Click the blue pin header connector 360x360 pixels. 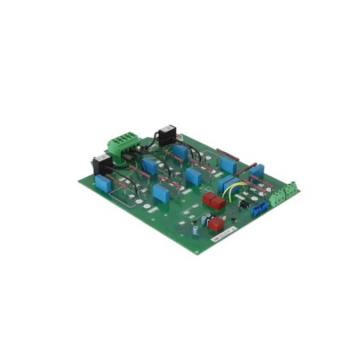click(258, 208)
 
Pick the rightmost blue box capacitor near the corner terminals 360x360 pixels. click(256, 171)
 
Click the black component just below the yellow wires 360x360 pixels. click(243, 203)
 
